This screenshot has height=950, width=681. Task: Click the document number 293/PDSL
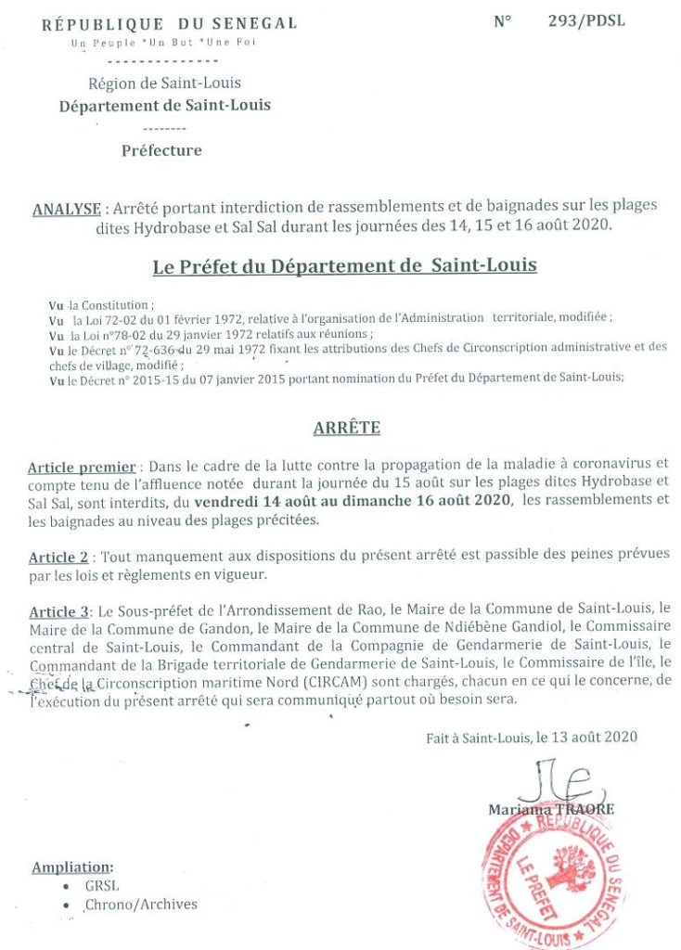pos(586,20)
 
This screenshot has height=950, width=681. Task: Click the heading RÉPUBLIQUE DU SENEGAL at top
pos(170,24)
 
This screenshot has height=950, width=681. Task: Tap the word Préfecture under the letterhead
pos(161,150)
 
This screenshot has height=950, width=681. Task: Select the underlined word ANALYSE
pos(66,210)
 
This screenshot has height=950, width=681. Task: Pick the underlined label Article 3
pos(58,611)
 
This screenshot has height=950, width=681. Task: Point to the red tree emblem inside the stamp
pos(572,872)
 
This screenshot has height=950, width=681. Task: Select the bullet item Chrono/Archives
pos(141,905)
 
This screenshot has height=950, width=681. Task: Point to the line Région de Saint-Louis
pos(165,83)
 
